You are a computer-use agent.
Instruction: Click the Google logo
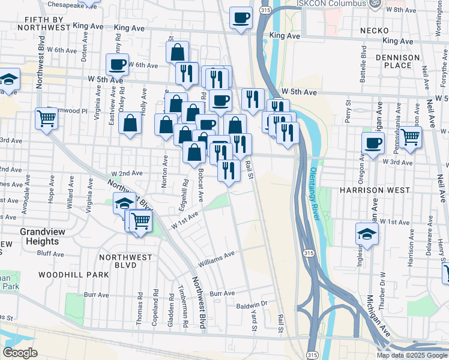pos(20,353)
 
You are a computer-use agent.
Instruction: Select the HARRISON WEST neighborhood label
pos(374,190)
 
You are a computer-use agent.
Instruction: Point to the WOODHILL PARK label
pos(73,274)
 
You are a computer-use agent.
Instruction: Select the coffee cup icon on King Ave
pos(241,18)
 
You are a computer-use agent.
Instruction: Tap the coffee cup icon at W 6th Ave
pos(117,64)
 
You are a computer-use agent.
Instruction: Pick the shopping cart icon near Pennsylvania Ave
pos(410,137)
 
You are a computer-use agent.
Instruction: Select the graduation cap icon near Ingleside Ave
pos(367,234)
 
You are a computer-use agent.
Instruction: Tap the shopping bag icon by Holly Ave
pos(130,125)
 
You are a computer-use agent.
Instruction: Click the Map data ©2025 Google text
pos(411,355)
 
